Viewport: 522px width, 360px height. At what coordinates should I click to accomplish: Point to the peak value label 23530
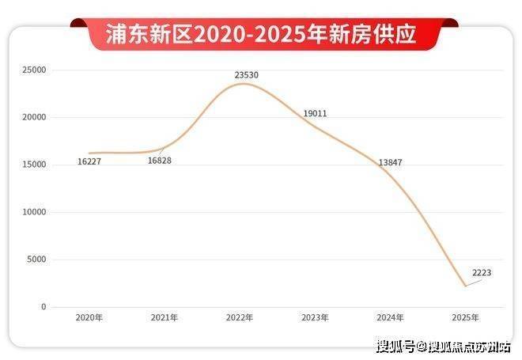[246, 75]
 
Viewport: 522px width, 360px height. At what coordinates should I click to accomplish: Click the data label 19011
[315, 114]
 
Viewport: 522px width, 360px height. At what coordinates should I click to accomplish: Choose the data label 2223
[481, 273]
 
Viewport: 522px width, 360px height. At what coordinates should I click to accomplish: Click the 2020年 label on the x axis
[89, 317]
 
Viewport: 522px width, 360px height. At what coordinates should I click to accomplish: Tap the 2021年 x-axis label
[165, 317]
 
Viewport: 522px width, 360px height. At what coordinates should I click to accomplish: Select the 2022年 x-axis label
[240, 317]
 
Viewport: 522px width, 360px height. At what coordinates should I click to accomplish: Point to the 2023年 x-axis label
[315, 317]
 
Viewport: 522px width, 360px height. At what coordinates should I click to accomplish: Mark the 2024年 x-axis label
[390, 317]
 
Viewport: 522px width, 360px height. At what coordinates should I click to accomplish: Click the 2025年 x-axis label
[465, 317]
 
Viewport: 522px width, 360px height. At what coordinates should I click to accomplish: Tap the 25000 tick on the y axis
[35, 70]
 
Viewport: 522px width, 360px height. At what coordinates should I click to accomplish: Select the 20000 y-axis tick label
[35, 117]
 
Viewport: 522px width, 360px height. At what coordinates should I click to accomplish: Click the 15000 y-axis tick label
[35, 165]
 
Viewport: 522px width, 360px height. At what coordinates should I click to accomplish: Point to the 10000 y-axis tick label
[35, 212]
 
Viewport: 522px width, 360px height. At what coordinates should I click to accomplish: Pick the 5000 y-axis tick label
[37, 260]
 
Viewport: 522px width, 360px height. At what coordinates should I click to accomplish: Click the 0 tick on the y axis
[44, 307]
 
